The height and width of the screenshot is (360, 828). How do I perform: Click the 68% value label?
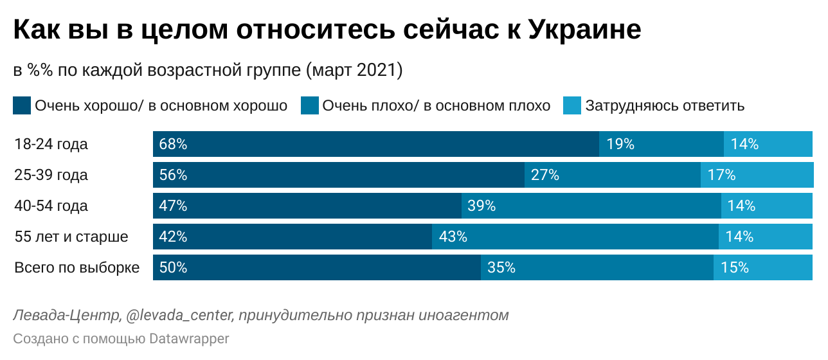[x=173, y=144]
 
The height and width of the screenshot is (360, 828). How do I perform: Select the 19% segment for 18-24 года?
[x=661, y=144]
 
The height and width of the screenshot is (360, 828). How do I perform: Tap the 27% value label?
[x=545, y=175]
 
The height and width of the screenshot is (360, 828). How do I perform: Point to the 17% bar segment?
[x=757, y=175]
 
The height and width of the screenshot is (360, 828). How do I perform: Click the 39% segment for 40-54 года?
[x=591, y=206]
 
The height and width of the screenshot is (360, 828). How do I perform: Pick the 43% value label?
[x=453, y=237]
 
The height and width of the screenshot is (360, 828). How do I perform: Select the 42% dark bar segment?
[x=292, y=237]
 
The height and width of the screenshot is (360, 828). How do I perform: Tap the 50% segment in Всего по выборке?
[x=317, y=267]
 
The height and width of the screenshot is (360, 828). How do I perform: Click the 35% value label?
[x=501, y=267]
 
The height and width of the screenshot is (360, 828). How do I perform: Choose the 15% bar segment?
[x=763, y=267]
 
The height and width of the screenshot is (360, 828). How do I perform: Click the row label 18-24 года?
[x=51, y=144]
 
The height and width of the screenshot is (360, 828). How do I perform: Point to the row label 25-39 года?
[x=51, y=175]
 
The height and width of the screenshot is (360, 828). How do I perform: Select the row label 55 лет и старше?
[x=71, y=237]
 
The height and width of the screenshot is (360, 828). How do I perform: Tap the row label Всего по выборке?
[x=76, y=267]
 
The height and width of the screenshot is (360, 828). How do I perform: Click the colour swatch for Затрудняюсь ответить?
[x=572, y=105]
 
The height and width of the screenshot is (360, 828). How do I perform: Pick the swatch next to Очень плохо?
[x=310, y=105]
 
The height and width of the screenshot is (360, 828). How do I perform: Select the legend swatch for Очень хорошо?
[x=22, y=105]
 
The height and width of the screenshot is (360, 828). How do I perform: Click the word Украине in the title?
[x=584, y=30]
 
